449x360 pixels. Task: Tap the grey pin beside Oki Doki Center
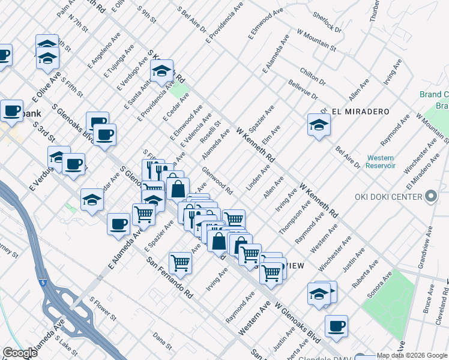point(430,196)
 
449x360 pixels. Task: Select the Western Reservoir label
point(381,161)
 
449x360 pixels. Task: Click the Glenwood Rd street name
point(218,181)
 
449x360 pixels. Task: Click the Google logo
point(20,353)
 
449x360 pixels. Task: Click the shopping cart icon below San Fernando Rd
point(180,262)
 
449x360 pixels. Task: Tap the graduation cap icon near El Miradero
point(319,125)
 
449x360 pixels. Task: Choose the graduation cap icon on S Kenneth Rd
point(161,71)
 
